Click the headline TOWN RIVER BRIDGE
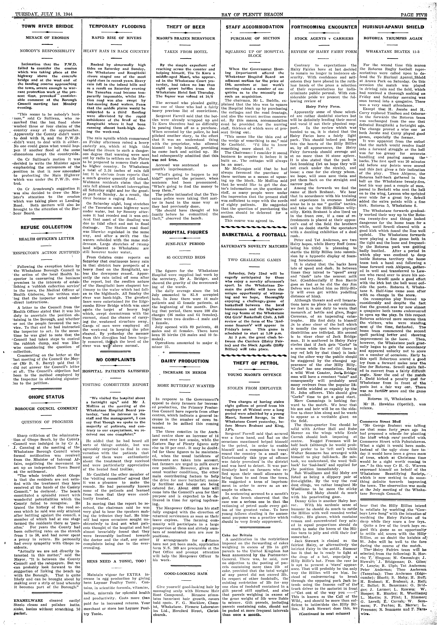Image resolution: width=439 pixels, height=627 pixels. point(48,26)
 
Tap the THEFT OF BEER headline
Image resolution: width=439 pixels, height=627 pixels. point(186,27)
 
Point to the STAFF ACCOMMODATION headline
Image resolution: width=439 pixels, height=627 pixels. point(255,27)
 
